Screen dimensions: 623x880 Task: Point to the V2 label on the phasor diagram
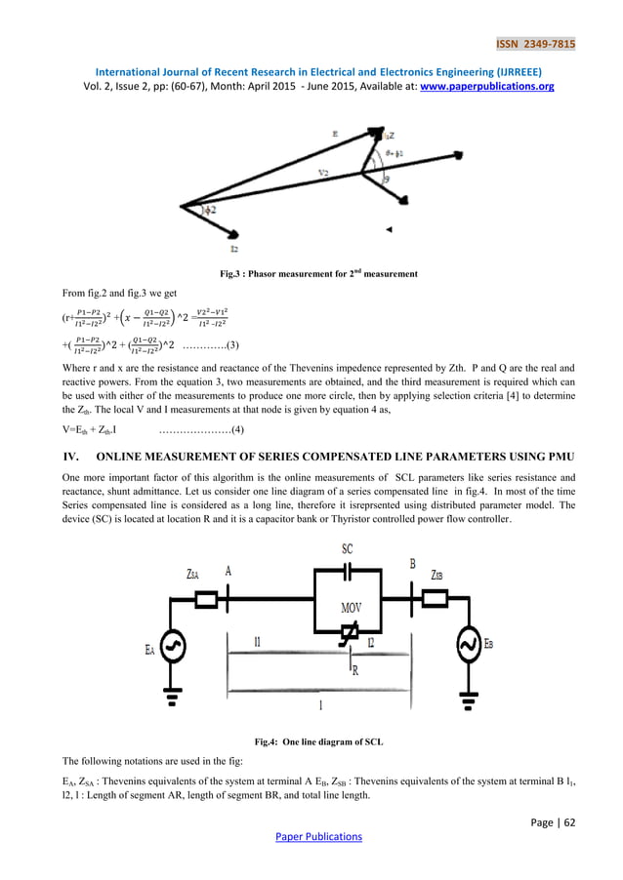(x=324, y=172)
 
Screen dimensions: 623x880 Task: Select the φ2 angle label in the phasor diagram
(x=211, y=210)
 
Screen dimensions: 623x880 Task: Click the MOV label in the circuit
(x=352, y=608)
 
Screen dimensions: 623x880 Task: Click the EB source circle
(x=468, y=645)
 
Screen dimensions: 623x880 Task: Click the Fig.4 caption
(x=311, y=742)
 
